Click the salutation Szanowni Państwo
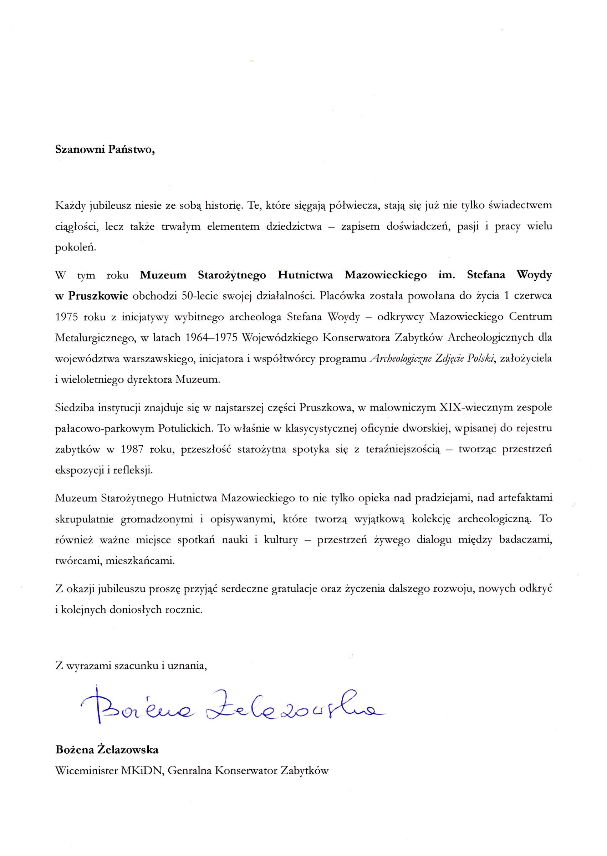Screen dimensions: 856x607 [104, 150]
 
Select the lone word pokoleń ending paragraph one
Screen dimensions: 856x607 [76, 248]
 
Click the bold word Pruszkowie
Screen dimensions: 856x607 [98, 296]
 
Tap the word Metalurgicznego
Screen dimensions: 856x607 [95, 338]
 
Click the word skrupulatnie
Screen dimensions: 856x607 [85, 519]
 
